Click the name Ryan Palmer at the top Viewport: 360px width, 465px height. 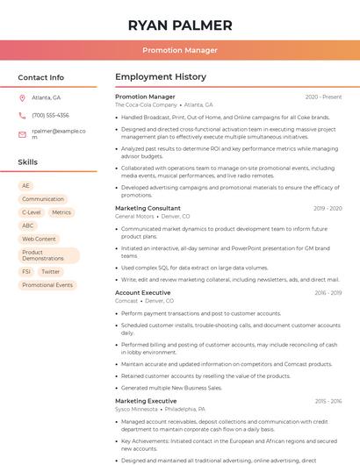180,25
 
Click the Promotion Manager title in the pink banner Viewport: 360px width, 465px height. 180,50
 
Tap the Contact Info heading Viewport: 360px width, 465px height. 41,77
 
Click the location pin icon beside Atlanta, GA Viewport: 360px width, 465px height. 22,97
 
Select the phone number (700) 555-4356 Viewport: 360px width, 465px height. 50,115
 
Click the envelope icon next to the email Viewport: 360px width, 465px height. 22,134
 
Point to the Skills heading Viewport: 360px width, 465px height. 28,162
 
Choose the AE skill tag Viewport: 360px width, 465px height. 26,186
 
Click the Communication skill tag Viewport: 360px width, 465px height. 43,199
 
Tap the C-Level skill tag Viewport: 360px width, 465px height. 32,212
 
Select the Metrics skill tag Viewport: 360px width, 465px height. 61,212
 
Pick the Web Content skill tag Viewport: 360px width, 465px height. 40,239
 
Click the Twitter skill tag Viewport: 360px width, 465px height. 51,272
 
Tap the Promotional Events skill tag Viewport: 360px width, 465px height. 47,285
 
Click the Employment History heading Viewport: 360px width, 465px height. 161,77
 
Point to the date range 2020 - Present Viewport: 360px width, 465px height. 323,97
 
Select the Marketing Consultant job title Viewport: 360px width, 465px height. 148,208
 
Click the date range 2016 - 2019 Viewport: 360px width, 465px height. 328,292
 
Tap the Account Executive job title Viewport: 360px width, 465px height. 143,292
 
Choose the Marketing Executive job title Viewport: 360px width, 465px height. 146,401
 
